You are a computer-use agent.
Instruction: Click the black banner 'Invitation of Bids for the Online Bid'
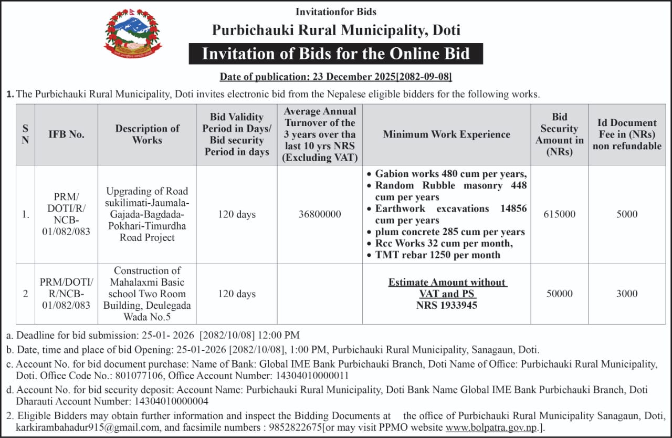336,54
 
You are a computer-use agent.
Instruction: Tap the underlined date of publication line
336,77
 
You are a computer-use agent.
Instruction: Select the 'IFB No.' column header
66,134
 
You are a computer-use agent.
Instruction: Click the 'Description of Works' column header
147,134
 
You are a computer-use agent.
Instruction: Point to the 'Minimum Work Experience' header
446,134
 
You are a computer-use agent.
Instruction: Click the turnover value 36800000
320,214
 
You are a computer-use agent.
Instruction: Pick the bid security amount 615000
559,214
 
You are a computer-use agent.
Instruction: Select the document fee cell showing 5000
627,214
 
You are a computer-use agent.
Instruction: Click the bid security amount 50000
559,294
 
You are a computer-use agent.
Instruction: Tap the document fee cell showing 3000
627,294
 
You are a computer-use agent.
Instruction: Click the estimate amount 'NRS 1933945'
447,305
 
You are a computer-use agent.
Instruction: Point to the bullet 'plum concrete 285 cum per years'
450,232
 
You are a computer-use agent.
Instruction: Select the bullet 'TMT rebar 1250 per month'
438,255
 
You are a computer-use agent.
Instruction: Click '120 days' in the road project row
237,214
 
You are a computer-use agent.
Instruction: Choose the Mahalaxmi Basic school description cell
147,294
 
